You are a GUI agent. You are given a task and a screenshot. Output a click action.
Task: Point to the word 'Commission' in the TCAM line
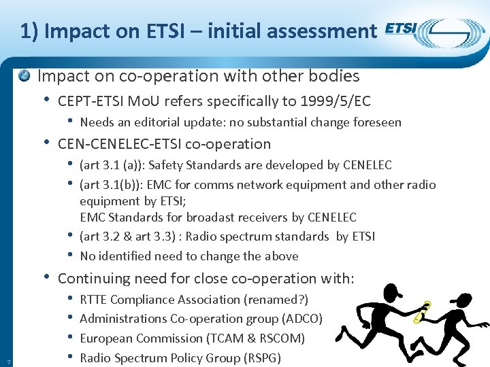pyautogui.click(x=163, y=338)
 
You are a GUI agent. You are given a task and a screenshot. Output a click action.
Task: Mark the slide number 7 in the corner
pyautogui.click(x=7, y=360)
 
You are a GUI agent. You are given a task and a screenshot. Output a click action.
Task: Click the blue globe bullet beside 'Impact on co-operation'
pyautogui.click(x=25, y=75)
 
